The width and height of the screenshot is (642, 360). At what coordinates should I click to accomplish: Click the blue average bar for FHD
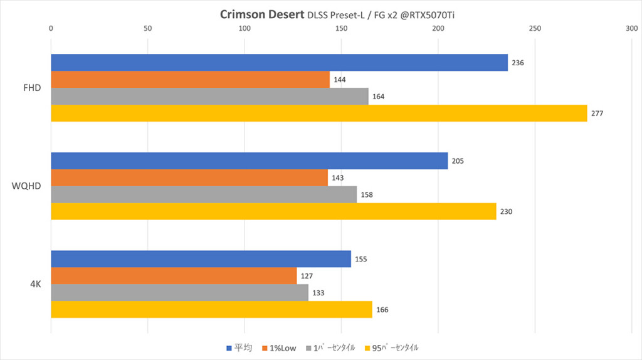[279, 63]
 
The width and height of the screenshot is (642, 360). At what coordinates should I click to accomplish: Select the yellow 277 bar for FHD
[318, 114]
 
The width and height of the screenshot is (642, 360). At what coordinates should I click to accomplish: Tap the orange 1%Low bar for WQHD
[189, 177]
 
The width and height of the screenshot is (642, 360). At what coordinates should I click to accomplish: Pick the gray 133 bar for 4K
[179, 293]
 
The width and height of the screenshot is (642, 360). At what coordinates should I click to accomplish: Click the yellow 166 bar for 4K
[211, 310]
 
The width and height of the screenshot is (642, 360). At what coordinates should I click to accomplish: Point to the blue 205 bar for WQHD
[249, 161]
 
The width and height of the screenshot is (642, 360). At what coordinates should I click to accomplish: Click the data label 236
[518, 63]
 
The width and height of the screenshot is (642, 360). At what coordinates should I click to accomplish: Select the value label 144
[340, 80]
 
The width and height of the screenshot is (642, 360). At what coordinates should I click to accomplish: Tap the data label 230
[507, 212]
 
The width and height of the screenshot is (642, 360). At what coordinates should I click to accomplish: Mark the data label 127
[307, 276]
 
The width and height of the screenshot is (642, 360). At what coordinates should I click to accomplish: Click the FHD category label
[32, 88]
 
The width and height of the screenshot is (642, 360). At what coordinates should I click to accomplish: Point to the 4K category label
[35, 284]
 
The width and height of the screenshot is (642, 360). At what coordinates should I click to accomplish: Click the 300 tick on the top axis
[631, 28]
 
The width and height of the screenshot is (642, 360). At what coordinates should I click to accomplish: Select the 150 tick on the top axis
[341, 28]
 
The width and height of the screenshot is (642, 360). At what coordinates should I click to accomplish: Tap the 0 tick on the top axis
[51, 28]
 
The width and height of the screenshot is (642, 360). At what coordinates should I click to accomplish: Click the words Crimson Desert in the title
[262, 14]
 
